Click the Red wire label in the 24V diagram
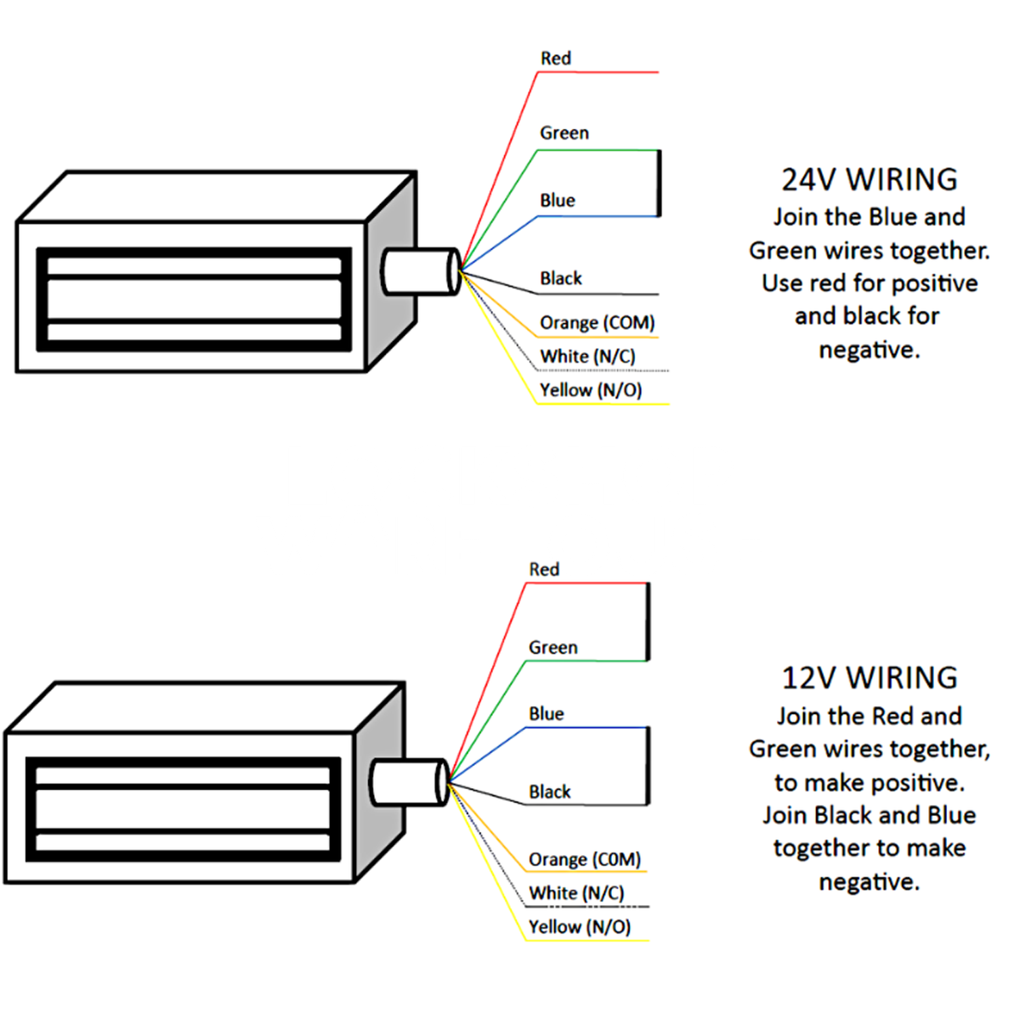(556, 59)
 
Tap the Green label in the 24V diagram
(564, 133)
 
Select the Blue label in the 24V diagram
(558, 201)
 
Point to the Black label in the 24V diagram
(561, 279)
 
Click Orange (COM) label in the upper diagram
(598, 323)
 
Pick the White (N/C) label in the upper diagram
(587, 356)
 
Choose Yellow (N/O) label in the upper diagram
(591, 390)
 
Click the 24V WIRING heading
(870, 180)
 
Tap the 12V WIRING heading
(870, 678)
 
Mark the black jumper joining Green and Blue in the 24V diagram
(660, 184)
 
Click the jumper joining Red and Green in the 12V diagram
(649, 622)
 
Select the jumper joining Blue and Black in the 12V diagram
(649, 766)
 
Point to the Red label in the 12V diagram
(544, 569)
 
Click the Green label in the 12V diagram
(553, 648)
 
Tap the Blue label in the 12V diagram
(547, 714)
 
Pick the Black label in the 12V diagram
(550, 792)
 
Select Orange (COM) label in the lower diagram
(585, 859)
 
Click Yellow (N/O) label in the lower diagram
(580, 927)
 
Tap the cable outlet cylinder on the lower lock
(409, 782)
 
